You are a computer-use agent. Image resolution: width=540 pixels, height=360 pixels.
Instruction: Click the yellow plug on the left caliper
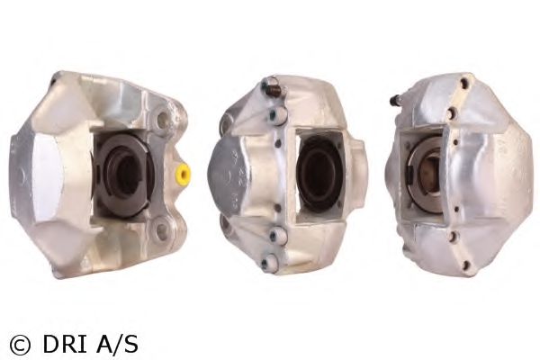click(183, 174)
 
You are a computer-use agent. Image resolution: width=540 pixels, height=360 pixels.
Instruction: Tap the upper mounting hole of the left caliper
click(161, 118)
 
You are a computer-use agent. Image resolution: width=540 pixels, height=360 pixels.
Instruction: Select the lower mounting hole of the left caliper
click(159, 231)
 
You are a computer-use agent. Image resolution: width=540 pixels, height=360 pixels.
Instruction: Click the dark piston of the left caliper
click(123, 175)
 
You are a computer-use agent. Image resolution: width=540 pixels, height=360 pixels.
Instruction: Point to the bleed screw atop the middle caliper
click(274, 86)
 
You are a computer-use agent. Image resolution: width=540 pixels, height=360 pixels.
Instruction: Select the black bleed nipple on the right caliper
click(395, 100)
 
